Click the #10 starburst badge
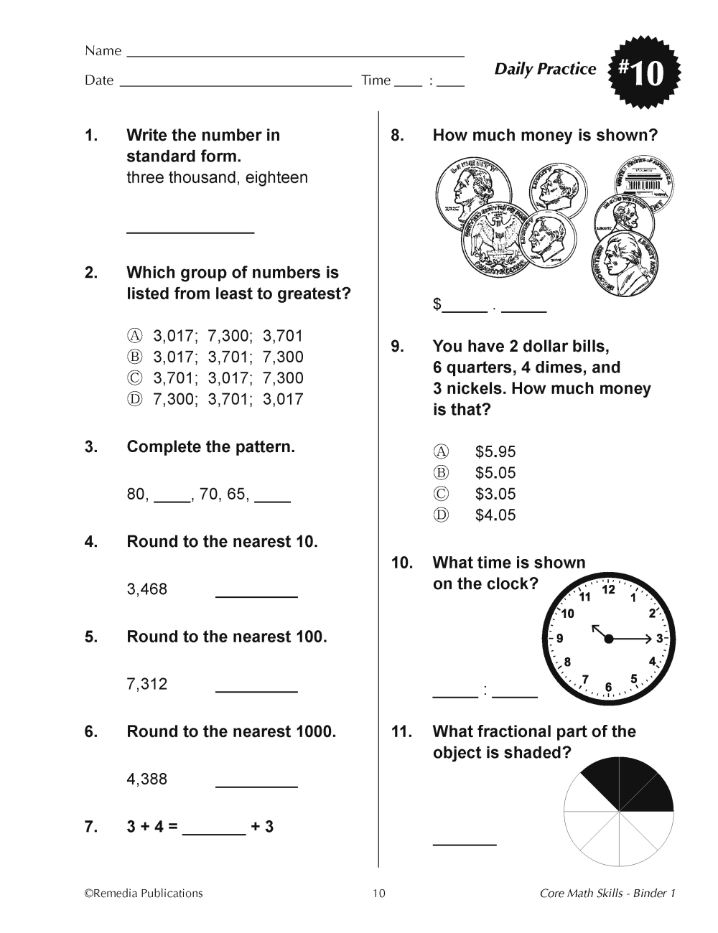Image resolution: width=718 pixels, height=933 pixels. pyautogui.click(x=642, y=72)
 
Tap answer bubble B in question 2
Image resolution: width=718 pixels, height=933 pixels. pyautogui.click(x=135, y=357)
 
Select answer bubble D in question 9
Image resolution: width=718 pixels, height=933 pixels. pyautogui.click(x=441, y=515)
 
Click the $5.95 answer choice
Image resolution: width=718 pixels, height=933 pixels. pyautogui.click(x=495, y=451)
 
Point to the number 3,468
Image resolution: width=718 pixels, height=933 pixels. pyautogui.click(x=146, y=589)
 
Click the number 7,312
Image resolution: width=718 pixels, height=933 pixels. pyautogui.click(x=146, y=684)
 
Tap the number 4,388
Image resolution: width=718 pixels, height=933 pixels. pyautogui.click(x=146, y=779)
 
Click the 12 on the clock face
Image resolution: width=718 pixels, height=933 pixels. pyautogui.click(x=609, y=590)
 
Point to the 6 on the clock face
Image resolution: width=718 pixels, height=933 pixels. pyautogui.click(x=609, y=687)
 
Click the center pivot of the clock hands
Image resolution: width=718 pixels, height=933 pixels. pyautogui.click(x=609, y=638)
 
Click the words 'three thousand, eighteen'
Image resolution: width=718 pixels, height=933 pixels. pyautogui.click(x=217, y=177)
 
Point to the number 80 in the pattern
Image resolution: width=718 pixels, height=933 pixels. pyautogui.click(x=136, y=494)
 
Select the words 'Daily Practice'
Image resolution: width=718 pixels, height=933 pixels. pyautogui.click(x=545, y=69)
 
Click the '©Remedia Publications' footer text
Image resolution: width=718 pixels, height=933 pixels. pyautogui.click(x=144, y=894)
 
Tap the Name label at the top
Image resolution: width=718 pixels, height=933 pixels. pyautogui.click(x=103, y=51)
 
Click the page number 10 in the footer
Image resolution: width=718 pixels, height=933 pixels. pyautogui.click(x=379, y=894)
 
